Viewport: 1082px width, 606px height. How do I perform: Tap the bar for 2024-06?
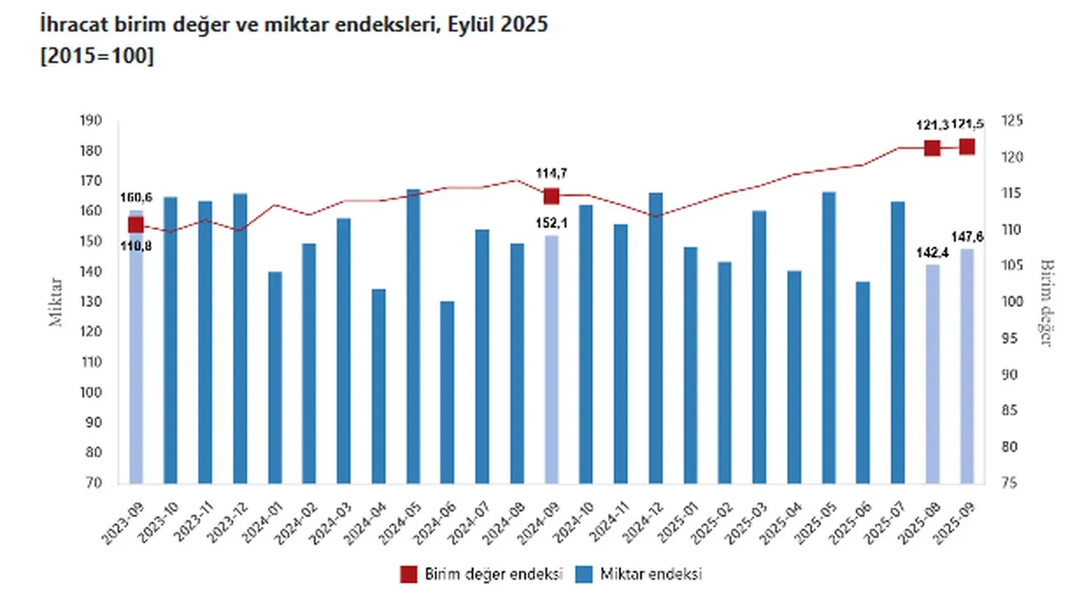point(447,392)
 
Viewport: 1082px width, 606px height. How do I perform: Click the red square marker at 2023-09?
point(135,225)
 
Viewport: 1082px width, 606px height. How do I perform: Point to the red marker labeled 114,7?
point(551,196)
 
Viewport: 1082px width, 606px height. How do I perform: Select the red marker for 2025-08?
point(932,149)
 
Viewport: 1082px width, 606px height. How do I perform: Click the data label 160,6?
point(135,198)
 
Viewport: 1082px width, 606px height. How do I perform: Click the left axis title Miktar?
point(56,302)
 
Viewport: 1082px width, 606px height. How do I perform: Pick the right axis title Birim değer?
point(1045,303)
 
